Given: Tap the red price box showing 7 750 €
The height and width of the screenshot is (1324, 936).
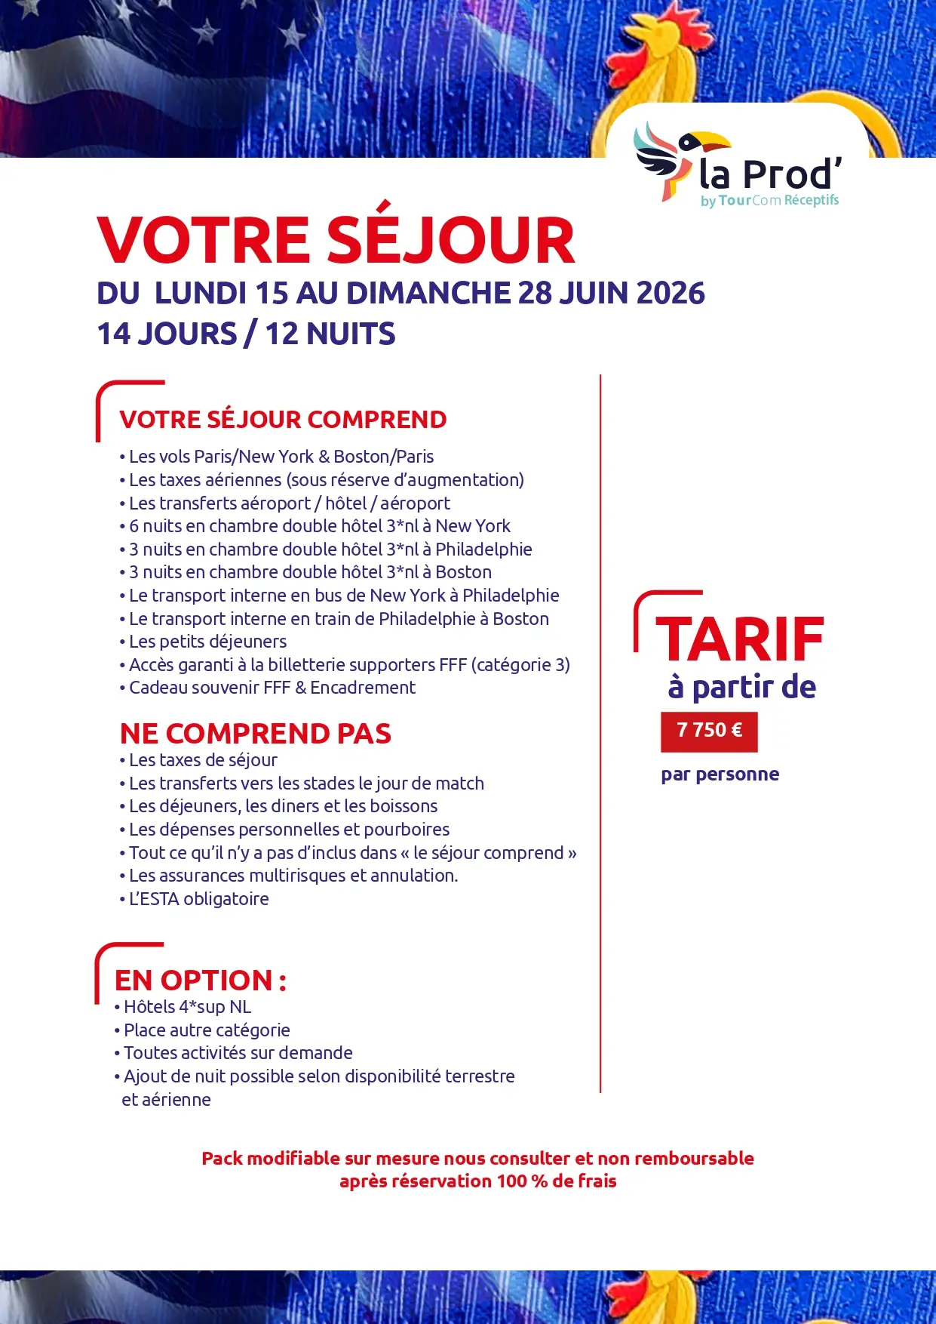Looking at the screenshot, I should [x=709, y=731].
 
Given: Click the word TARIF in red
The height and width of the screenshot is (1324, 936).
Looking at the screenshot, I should [x=740, y=639].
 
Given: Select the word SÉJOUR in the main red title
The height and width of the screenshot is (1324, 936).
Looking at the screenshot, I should [x=450, y=241].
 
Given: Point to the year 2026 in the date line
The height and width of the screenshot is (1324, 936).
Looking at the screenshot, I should [x=671, y=293].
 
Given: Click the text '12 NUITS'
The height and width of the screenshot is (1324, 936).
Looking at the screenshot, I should [x=330, y=334].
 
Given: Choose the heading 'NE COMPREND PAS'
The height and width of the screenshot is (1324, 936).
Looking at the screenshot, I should [x=256, y=733].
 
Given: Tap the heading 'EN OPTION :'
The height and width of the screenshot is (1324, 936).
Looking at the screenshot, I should [x=201, y=980].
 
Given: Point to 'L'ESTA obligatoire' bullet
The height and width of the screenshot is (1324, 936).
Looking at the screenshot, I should [x=199, y=899].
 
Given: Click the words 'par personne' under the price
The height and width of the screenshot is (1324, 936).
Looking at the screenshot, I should [x=720, y=774].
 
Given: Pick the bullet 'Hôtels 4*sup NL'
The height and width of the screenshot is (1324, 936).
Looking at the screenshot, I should [x=187, y=1007].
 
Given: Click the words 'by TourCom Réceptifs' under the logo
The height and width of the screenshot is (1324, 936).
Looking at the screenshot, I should [x=769, y=201].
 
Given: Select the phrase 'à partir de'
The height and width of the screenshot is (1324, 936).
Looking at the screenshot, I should [x=742, y=687].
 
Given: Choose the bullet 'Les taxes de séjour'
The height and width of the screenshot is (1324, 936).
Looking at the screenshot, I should [x=203, y=760].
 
